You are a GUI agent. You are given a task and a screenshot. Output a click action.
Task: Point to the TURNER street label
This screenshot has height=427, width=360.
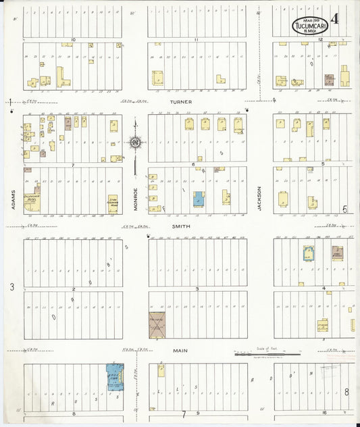(x=181, y=102)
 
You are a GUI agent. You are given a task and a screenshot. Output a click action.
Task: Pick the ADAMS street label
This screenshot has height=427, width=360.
(x=14, y=199)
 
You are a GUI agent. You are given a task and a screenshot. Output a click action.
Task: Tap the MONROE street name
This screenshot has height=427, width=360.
(x=135, y=199)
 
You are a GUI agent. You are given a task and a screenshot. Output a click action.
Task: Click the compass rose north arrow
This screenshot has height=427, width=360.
(x=135, y=142)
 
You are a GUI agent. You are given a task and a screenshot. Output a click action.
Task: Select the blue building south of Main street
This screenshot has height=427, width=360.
(x=114, y=376)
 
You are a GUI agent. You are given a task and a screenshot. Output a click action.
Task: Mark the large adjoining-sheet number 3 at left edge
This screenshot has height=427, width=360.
(x=11, y=287)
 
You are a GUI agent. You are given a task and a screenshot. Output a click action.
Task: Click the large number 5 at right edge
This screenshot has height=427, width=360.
(x=344, y=209)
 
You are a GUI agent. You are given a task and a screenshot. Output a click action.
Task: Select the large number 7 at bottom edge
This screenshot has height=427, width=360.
(x=182, y=413)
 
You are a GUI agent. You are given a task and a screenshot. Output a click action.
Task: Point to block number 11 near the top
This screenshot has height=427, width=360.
(x=197, y=40)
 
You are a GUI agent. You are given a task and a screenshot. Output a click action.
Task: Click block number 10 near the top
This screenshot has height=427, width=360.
(x=72, y=40)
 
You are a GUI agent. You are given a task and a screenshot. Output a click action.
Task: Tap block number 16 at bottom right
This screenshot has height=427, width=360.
(x=324, y=411)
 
